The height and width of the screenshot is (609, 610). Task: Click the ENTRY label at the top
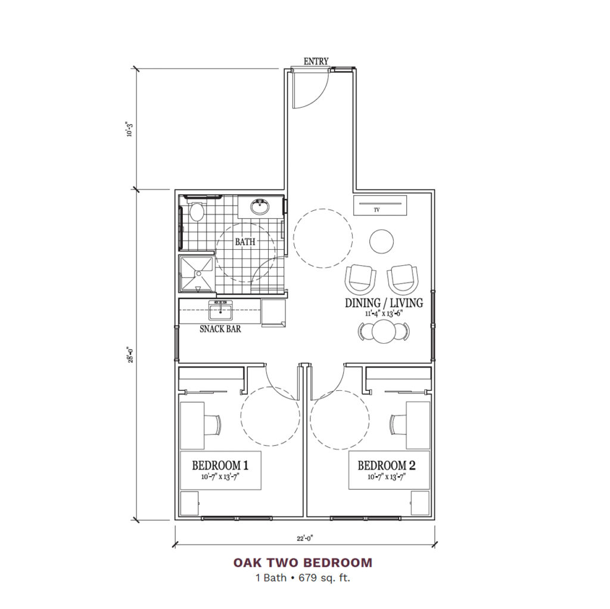(x=316, y=61)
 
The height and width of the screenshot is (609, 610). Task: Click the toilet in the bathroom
(x=196, y=212)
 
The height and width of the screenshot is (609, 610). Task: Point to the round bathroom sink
(x=260, y=207)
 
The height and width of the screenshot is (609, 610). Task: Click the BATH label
(x=245, y=242)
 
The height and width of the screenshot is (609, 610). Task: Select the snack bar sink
(x=220, y=309)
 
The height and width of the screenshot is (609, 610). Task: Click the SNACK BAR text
(x=220, y=328)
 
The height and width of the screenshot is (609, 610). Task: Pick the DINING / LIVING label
(x=384, y=303)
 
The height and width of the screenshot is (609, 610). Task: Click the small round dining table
(x=383, y=331)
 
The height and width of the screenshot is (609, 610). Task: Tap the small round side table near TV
(x=381, y=241)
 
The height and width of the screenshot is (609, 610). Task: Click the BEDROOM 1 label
(x=220, y=465)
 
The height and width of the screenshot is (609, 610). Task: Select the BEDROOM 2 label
(x=385, y=465)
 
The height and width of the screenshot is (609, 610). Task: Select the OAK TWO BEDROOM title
(x=303, y=562)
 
